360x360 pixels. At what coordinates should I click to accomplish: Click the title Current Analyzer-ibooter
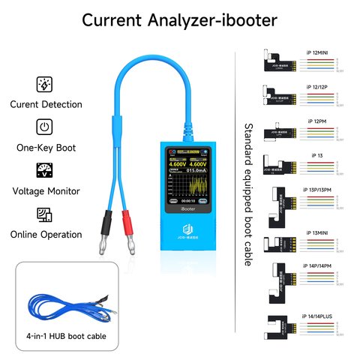pos(179,20)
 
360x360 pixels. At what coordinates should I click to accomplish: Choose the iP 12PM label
pos(320,120)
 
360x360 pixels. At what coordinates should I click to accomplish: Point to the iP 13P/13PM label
pos(319,190)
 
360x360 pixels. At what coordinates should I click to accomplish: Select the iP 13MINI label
pos(320,232)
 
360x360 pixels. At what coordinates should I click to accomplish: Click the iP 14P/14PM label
pos(320,266)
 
